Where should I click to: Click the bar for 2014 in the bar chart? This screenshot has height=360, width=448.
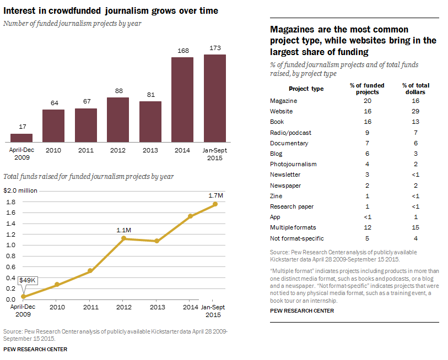click(182, 99)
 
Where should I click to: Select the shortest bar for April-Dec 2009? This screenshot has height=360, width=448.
click(21, 138)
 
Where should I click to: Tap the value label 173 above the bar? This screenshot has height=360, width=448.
click(215, 48)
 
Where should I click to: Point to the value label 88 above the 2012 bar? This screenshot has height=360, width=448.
click(118, 91)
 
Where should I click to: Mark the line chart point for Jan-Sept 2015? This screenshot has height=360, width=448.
click(215, 204)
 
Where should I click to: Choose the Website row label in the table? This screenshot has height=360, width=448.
click(281, 111)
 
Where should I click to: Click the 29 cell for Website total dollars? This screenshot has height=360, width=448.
click(415, 111)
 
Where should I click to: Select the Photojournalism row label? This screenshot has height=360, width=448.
click(290, 164)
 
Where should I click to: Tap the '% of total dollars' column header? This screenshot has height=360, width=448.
click(415, 89)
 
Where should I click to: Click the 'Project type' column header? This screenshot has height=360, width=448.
click(306, 89)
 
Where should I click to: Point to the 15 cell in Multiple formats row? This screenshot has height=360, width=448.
click(415, 227)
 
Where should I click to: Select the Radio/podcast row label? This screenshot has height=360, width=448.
click(290, 133)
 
